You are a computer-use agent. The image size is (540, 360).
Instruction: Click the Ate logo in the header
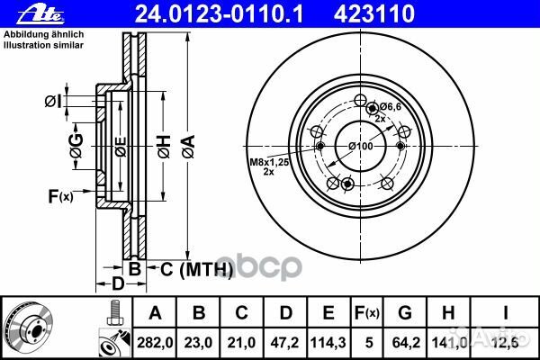pyautogui.click(x=40, y=13)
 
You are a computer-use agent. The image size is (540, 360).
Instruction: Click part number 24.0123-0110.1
pyautogui.click(x=219, y=14)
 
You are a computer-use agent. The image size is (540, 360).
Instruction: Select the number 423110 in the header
pyautogui.click(x=373, y=14)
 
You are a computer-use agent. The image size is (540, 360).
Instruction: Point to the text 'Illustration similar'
pyautogui.click(x=44, y=45)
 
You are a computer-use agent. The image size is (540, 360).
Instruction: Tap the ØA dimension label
pyautogui.click(x=189, y=147)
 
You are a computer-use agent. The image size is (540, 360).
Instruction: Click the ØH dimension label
pyautogui.click(x=165, y=147)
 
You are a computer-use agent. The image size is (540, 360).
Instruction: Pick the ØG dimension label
pyautogui.click(x=76, y=146)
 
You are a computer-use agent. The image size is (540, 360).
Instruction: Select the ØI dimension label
pyautogui.click(x=53, y=102)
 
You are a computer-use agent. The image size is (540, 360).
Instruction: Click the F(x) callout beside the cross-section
pyautogui.click(x=60, y=196)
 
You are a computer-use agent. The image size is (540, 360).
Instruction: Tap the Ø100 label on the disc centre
pyautogui.click(x=361, y=146)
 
